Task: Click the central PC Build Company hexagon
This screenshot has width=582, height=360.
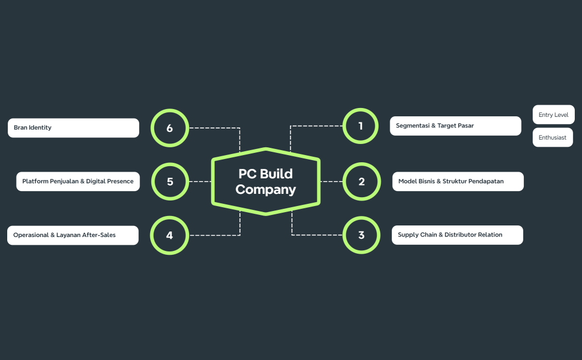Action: point(266,181)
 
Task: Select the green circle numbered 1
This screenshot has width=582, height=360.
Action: point(360,126)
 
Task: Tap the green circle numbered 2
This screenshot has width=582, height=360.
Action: point(361,181)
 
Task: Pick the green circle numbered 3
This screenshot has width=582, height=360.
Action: point(361,235)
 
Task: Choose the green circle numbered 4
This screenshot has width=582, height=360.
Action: point(170,235)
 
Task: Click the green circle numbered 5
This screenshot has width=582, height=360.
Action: point(170,181)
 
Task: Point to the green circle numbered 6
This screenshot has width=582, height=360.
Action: point(170,128)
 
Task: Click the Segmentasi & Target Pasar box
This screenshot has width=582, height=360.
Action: point(455,126)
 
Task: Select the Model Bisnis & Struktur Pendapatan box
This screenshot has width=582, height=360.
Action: point(458,181)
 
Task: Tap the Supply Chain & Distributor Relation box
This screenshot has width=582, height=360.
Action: point(457,235)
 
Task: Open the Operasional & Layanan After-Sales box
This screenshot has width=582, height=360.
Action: point(73,235)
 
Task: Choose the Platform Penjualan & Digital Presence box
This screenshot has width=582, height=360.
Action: point(78,181)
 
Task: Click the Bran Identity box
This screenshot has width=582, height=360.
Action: point(73,128)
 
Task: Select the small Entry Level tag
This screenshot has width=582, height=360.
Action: point(553,115)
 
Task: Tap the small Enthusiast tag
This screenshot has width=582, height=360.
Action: point(552,137)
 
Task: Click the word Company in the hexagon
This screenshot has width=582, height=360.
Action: point(266,189)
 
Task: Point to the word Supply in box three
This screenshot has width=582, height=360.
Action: point(408,235)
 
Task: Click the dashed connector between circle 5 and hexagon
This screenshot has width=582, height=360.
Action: point(200,181)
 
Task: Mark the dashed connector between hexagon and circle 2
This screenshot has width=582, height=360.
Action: point(331,181)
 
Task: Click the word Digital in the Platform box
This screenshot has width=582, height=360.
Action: point(96,181)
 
